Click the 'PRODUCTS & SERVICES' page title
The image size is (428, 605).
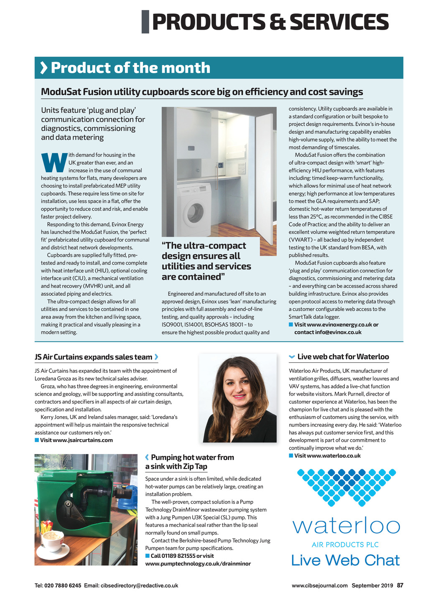pos(270,22)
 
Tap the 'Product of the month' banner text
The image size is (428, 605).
pos(130,68)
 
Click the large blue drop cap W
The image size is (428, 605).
pos(54,162)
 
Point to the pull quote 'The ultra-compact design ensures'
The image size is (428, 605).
pos(206,261)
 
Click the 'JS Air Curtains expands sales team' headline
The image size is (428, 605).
pos(93,357)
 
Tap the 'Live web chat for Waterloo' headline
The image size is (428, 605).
pos(343,356)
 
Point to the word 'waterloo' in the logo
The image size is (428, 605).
pos(346,526)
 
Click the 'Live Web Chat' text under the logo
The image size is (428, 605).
pos(345,560)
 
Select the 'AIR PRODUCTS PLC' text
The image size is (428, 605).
pos(345,544)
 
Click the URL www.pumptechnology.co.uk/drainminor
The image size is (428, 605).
pos(198,564)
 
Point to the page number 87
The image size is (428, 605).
pos(400,585)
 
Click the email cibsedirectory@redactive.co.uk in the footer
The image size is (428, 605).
pos(140,585)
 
